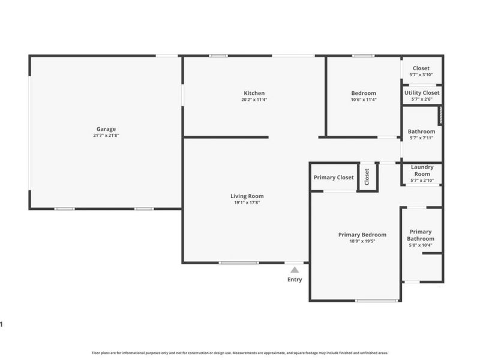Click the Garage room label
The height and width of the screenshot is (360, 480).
pyautogui.click(x=106, y=129)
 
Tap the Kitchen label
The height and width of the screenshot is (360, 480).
pyautogui.click(x=254, y=93)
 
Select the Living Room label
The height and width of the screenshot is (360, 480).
pyautogui.click(x=247, y=196)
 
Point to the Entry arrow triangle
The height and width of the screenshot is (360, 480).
pyautogui.click(x=295, y=271)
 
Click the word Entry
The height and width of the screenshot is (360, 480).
pyautogui.click(x=295, y=280)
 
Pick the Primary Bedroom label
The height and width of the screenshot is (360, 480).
pyautogui.click(x=362, y=235)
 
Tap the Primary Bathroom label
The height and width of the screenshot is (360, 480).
pyautogui.click(x=421, y=235)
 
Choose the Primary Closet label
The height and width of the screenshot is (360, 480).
pyautogui.click(x=334, y=178)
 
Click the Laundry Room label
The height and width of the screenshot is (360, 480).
pyautogui.click(x=422, y=170)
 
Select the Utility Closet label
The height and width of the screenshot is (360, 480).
pyautogui.click(x=422, y=93)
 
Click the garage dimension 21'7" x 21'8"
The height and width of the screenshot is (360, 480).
pyautogui.click(x=106, y=136)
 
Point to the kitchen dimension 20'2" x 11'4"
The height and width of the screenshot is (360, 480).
pyautogui.click(x=254, y=100)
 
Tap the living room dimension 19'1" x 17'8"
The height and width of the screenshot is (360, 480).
pyautogui.click(x=247, y=203)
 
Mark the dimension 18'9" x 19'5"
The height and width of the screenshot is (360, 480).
pyautogui.click(x=362, y=241)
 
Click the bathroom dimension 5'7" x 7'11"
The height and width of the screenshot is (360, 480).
pyautogui.click(x=422, y=139)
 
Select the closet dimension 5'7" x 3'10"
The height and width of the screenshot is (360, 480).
pyautogui.click(x=421, y=75)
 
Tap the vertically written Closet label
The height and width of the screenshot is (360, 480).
pyautogui.click(x=367, y=177)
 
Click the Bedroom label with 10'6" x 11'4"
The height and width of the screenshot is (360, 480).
pyautogui.click(x=364, y=93)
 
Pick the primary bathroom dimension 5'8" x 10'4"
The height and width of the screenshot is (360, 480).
pyautogui.click(x=421, y=245)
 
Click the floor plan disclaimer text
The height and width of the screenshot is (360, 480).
pyautogui.click(x=240, y=353)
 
